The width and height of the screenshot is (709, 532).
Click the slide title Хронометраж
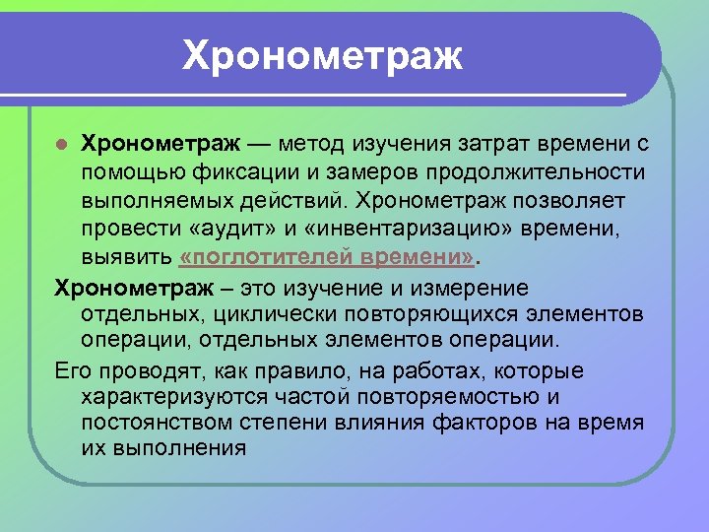click(322, 56)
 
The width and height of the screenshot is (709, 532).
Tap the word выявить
click(126, 257)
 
